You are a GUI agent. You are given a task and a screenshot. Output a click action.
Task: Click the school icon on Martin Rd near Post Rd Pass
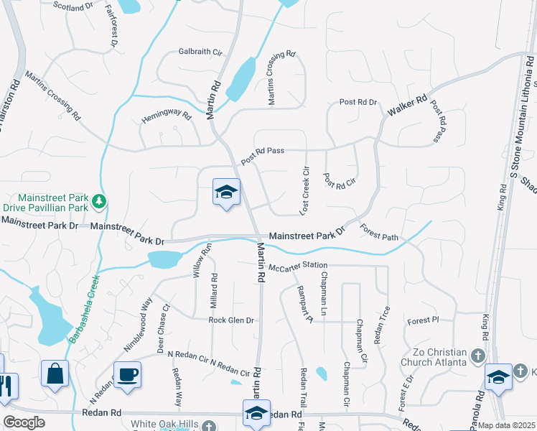[226, 193]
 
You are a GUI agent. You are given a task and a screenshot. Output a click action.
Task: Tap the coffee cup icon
[127, 374]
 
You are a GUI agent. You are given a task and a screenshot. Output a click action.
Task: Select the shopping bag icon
[55, 373]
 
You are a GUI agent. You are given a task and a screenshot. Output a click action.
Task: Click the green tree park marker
[101, 200]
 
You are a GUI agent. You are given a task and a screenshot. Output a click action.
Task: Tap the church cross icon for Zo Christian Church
[477, 355]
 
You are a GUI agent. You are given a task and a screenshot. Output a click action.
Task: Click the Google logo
[24, 422]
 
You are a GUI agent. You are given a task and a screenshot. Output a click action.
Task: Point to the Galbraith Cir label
[201, 52]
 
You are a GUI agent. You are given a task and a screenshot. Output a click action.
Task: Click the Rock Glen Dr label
[231, 320]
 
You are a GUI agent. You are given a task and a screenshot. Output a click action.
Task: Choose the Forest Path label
[379, 233]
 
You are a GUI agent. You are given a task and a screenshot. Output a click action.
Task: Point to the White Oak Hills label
[164, 424]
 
